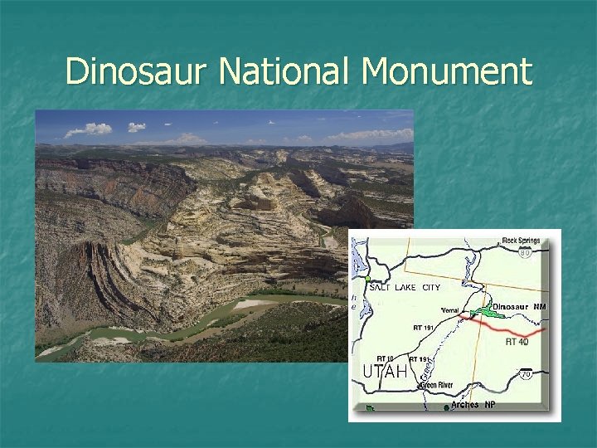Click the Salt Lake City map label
pyautogui.click(x=404, y=287)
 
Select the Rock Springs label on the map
pyautogui.click(x=520, y=241)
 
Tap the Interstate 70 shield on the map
pyautogui.click(x=526, y=374)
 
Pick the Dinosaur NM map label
pyautogui.click(x=520, y=306)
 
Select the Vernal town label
pyautogui.click(x=449, y=310)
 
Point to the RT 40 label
pyautogui.click(x=517, y=341)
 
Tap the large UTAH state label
pyautogui.click(x=385, y=373)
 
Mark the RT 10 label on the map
pyautogui.click(x=385, y=358)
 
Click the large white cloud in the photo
pyautogui.click(x=90, y=129)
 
